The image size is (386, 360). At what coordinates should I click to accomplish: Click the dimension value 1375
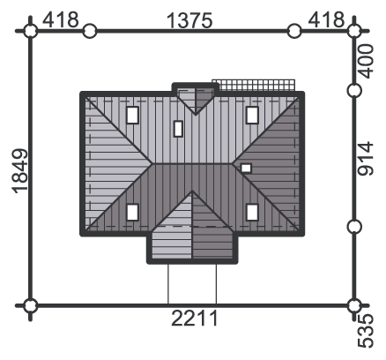point(189,20)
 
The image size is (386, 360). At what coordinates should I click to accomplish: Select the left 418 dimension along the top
point(61,19)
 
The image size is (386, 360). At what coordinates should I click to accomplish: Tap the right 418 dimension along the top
point(326,19)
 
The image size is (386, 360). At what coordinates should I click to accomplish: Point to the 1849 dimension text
point(20,171)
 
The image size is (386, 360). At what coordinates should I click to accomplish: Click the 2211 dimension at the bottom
point(195,319)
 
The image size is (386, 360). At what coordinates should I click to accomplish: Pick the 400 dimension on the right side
point(366,61)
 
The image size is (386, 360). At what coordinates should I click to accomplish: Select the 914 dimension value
point(366,159)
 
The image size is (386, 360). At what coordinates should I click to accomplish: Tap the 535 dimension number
point(366,331)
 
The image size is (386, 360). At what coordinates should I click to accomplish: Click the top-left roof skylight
point(132,115)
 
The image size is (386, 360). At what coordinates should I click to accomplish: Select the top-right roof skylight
point(252,115)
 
